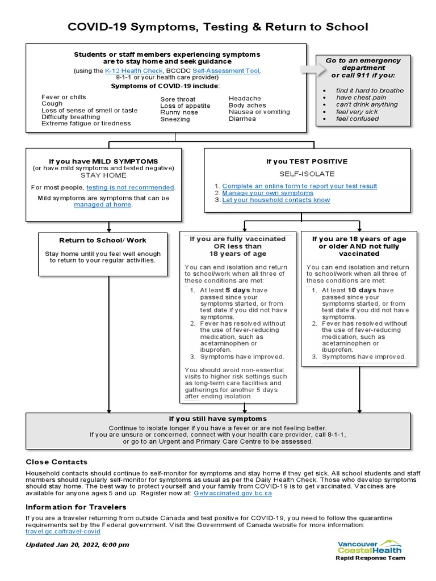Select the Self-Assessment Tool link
(227, 71)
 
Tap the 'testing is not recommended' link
(130, 187)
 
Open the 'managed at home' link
(103, 205)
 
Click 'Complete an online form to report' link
(299, 186)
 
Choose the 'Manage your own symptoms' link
(267, 193)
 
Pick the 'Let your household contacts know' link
(276, 200)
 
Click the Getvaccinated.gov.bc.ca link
(233, 493)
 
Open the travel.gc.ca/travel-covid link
(63, 532)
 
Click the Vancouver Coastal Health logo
(369, 548)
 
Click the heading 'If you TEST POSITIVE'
(307, 162)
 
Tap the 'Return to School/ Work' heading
(103, 240)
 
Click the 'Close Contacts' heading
(57, 462)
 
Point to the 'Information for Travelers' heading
(75, 507)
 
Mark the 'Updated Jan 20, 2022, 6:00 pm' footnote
(77, 545)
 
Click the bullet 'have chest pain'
(361, 98)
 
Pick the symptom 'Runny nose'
(179, 112)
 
